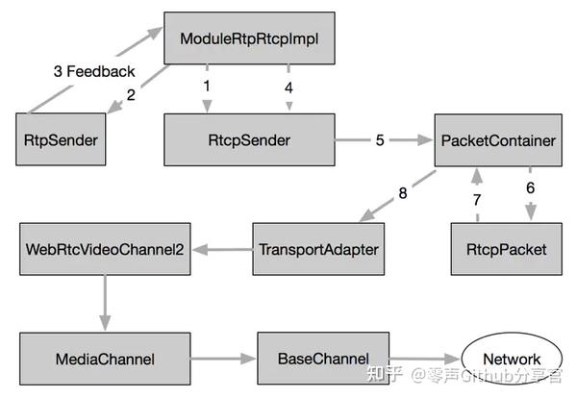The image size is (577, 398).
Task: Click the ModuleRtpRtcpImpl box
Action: [x=249, y=38]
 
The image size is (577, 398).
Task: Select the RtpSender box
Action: [x=61, y=140]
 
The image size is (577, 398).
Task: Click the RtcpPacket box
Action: [x=499, y=249]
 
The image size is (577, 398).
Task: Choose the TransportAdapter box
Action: [x=316, y=249]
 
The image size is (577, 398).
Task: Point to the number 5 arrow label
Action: [x=380, y=140]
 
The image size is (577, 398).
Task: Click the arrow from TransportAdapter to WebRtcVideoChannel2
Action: [x=222, y=250]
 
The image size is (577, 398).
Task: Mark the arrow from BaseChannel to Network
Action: [x=426, y=358]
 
